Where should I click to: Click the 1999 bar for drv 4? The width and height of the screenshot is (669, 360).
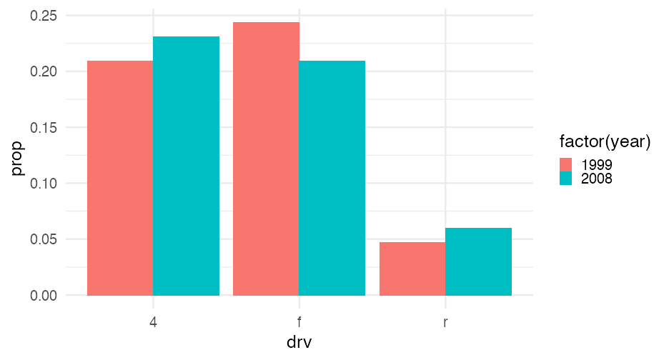point(120,178)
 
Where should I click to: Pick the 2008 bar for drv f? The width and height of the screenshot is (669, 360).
point(332,178)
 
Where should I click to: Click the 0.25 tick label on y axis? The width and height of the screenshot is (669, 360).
point(46,16)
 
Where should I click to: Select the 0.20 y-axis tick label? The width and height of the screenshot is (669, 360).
point(46,71)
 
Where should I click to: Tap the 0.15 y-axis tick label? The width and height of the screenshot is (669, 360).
point(46,128)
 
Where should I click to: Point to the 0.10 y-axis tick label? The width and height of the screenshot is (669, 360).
point(46,184)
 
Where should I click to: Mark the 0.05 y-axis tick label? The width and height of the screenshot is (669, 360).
point(46,239)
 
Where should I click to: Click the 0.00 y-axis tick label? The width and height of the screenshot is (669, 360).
point(46,296)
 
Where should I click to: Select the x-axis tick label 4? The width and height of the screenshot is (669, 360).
point(153,322)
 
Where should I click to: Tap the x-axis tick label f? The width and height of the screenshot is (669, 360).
point(299,322)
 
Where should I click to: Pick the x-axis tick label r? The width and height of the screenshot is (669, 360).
point(445,322)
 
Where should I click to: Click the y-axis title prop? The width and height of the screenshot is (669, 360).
point(17,159)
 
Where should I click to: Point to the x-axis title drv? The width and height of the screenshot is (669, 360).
point(299,342)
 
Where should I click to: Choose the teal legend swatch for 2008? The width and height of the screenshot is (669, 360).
point(566,178)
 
